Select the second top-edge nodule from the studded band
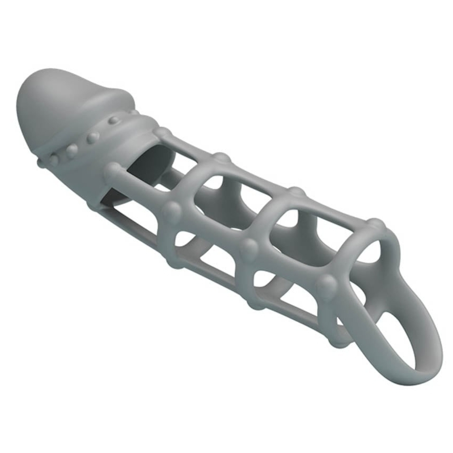coord(222,158)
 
